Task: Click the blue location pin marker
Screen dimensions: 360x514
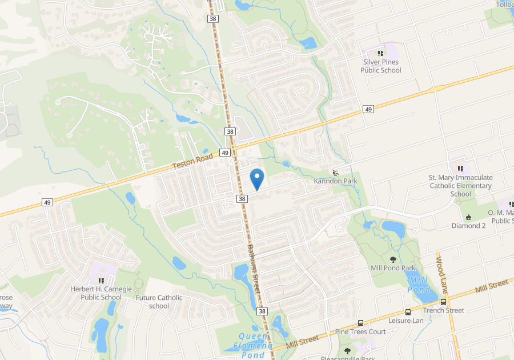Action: point(257,179)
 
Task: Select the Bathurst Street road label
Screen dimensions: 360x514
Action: point(254,269)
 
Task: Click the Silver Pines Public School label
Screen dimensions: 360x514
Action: point(380,66)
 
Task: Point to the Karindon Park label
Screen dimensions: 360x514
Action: point(335,181)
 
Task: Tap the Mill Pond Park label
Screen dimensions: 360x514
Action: point(393,268)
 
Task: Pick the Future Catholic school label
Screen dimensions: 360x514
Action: point(159,302)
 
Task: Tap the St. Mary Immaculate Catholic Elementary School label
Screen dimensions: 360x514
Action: point(460,186)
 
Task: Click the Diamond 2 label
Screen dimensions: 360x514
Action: point(468,226)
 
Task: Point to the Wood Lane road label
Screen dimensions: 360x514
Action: point(441,269)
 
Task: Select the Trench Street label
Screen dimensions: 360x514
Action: point(444,310)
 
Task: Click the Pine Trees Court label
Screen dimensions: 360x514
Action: point(360,331)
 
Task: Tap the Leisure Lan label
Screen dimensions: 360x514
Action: point(406,321)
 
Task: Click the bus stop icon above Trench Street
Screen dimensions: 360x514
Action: point(444,302)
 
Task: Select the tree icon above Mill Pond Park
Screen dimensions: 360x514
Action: point(393,259)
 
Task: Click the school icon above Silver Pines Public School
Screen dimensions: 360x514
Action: point(380,53)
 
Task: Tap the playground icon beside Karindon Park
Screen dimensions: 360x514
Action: point(335,173)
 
